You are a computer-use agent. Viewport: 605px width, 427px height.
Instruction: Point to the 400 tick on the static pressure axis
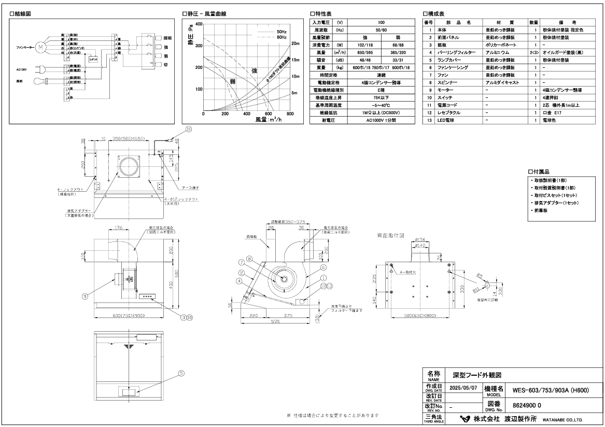click(x=199, y=24)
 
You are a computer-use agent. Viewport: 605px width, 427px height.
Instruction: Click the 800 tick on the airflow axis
click(x=290, y=114)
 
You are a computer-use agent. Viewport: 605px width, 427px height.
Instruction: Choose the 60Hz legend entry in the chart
click(x=280, y=37)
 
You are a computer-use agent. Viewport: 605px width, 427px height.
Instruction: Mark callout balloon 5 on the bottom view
click(x=166, y=373)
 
